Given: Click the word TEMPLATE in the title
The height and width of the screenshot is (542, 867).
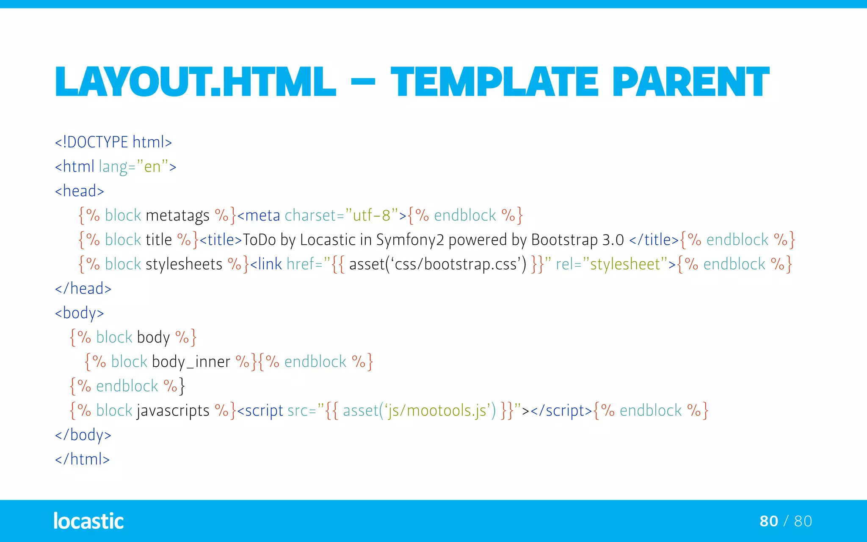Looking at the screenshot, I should (x=494, y=82).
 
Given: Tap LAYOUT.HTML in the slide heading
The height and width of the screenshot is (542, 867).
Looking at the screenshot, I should (x=195, y=82).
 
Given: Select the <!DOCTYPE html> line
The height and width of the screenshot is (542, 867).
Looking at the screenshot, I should (x=113, y=142).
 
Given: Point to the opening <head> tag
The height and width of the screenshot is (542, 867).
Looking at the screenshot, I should (x=80, y=191).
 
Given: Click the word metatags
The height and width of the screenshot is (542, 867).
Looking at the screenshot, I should (x=177, y=216).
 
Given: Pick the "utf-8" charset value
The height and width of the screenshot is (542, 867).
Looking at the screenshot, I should (x=372, y=216).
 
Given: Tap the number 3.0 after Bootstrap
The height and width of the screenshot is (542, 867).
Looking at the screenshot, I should (x=613, y=240).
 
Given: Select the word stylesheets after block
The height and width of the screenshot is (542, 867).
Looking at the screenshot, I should (x=184, y=264).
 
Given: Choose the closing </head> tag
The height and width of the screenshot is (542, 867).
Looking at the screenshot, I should (x=83, y=289).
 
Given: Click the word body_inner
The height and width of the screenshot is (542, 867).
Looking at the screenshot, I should (x=191, y=362).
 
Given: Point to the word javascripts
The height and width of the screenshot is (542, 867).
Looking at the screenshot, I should (x=173, y=411).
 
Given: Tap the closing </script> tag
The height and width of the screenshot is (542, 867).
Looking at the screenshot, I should (x=561, y=411).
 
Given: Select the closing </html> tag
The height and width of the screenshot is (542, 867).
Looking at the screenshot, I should (x=83, y=459).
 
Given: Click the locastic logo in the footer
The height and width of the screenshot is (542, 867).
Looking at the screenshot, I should (x=88, y=521).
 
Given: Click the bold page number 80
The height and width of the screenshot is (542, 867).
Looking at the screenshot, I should (x=768, y=521).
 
